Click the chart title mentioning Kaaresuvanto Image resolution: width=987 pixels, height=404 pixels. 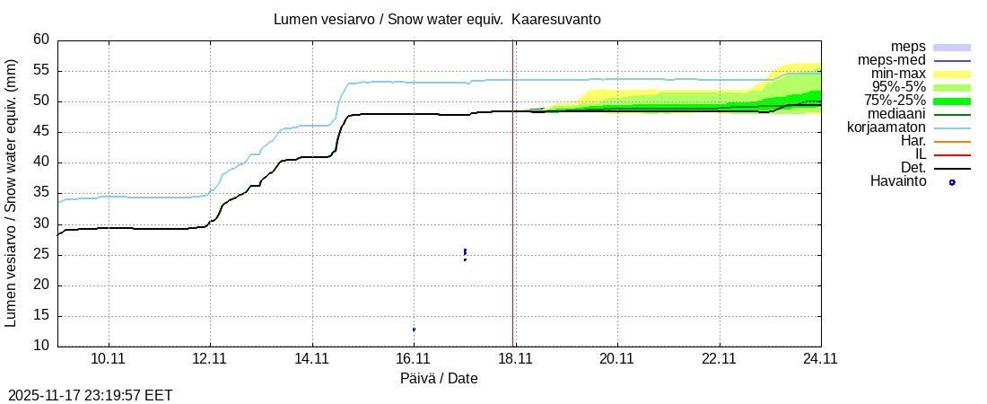tap(438, 19)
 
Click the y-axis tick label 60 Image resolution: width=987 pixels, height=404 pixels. tap(41, 40)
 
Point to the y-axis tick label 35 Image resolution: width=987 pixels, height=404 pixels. tap(41, 193)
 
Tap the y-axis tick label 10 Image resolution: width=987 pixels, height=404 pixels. tap(41, 347)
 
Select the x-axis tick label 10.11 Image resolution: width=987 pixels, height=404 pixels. tap(108, 358)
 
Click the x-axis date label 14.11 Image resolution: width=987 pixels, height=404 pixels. tap(311, 358)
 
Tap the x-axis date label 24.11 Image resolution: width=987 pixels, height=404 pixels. tap(820, 358)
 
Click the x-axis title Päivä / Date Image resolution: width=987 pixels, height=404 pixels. tap(439, 379)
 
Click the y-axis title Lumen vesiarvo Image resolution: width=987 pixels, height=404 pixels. tap(12, 193)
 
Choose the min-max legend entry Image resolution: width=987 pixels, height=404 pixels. tap(899, 74)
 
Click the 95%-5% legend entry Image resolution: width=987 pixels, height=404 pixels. tap(898, 87)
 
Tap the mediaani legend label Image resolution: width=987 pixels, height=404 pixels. tap(893, 114)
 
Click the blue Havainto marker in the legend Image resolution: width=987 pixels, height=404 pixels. tap(952, 182)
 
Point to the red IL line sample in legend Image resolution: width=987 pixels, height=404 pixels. tap(952, 154)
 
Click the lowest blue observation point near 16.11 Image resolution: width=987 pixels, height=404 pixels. tap(414, 329)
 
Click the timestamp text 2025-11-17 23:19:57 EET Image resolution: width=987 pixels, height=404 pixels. tap(90, 395)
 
